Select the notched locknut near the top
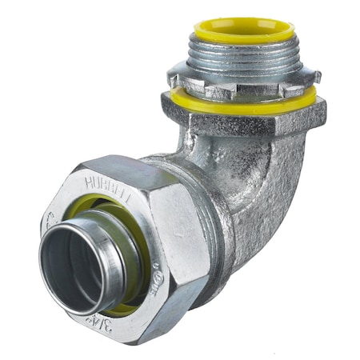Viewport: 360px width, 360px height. tap(244, 82)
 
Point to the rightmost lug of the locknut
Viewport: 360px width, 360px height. tap(313, 78)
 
